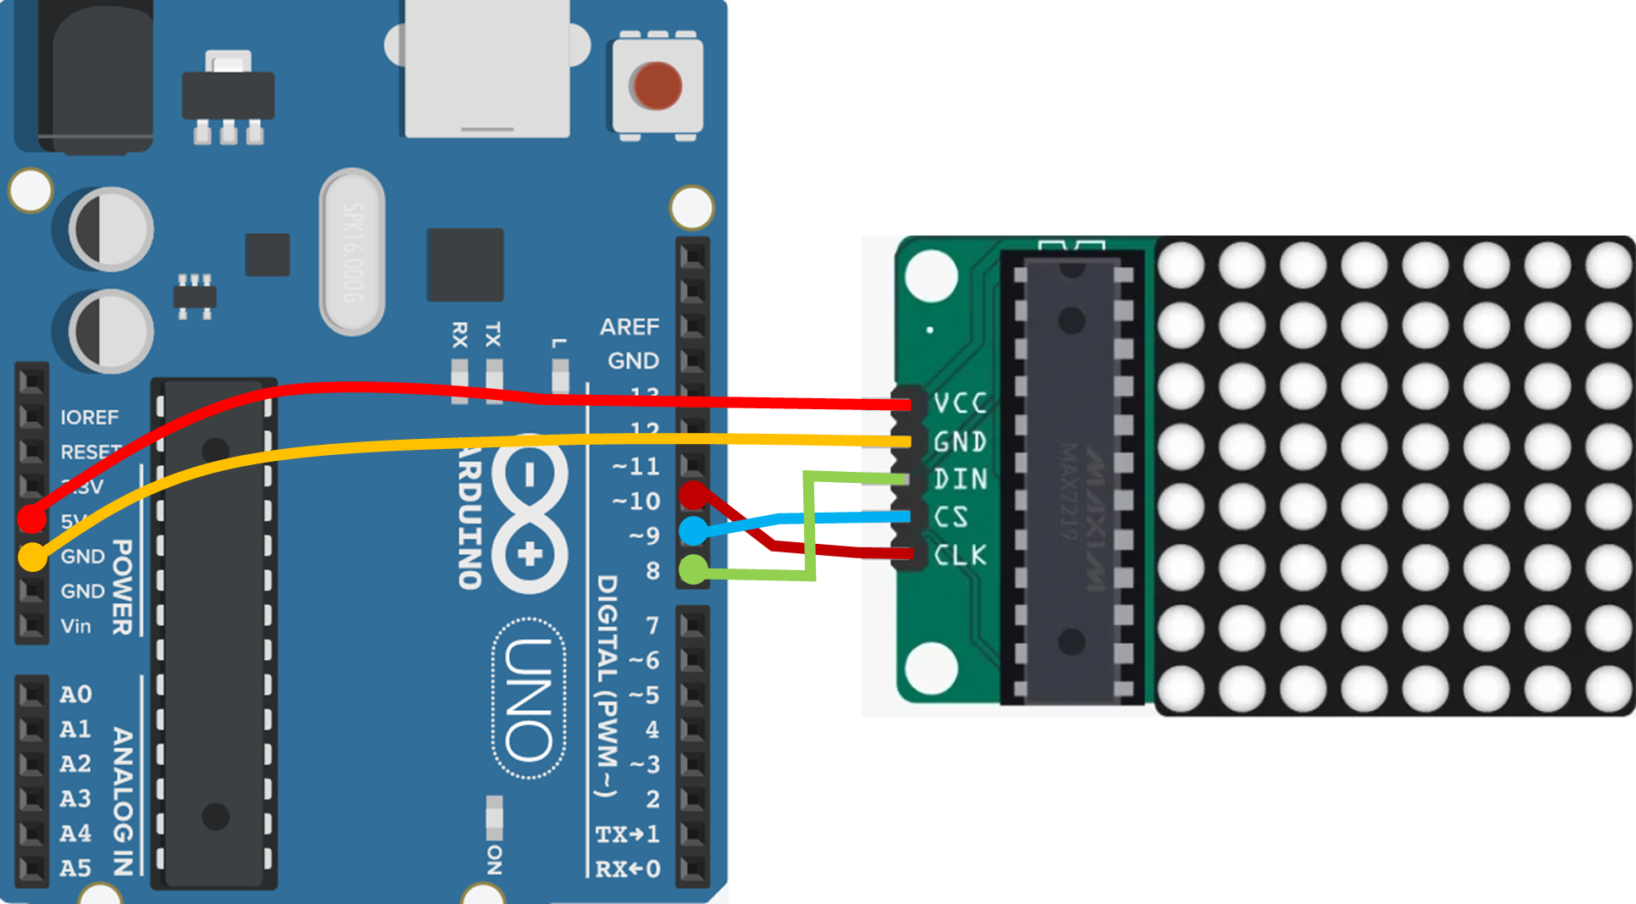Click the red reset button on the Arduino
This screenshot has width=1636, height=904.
click(655, 86)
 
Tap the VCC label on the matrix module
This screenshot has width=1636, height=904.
click(960, 403)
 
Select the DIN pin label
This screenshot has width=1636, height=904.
click(960, 480)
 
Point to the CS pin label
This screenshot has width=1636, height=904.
click(951, 517)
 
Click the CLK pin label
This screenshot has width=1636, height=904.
click(960, 555)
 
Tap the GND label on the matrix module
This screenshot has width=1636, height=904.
click(960, 441)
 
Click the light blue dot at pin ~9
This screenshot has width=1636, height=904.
click(693, 531)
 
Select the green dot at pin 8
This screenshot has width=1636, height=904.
click(693, 568)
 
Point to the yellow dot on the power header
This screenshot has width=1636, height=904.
click(32, 557)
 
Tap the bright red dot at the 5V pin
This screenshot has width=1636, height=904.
click(31, 517)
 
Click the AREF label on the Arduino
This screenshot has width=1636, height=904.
click(629, 327)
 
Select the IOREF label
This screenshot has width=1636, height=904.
click(89, 417)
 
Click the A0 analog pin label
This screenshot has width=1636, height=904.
click(75, 695)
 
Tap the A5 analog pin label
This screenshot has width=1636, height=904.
click(75, 868)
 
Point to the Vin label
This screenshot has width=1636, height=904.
click(75, 626)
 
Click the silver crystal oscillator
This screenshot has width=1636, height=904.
click(352, 252)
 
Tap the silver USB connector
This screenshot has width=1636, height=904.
click(487, 68)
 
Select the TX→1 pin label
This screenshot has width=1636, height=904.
click(627, 835)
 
